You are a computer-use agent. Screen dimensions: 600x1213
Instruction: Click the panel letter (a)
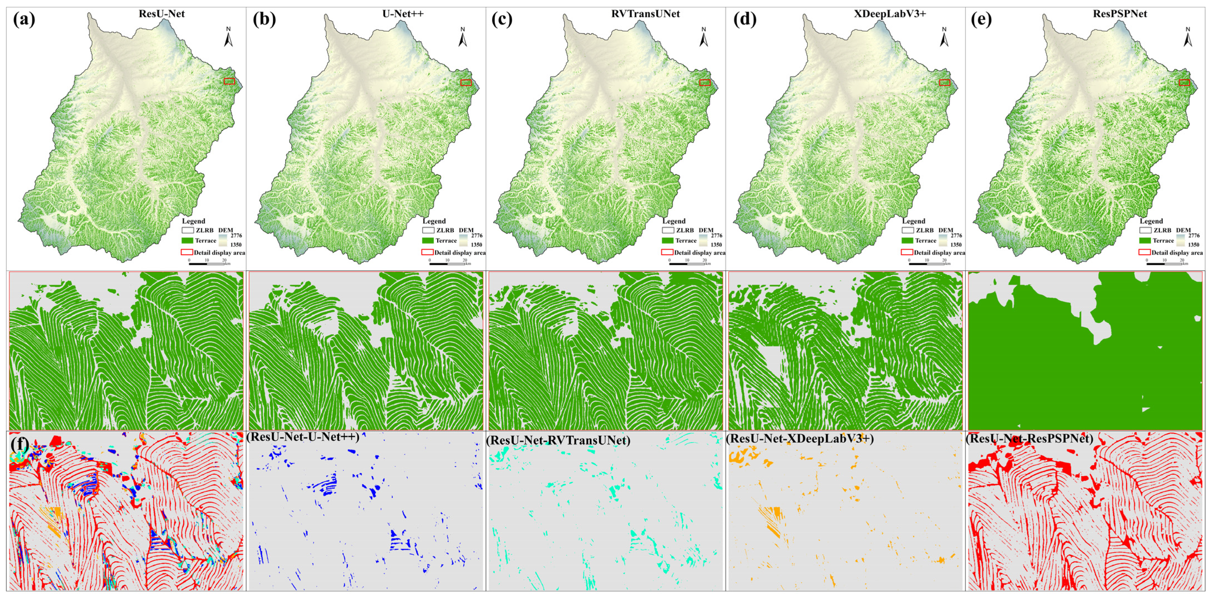pos(24,20)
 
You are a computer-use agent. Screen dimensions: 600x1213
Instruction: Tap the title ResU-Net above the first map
pos(161,14)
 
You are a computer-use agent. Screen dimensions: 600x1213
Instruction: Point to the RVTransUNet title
pos(645,14)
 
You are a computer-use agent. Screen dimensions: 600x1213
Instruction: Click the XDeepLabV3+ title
pos(890,14)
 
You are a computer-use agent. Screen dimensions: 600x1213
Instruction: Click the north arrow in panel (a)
pos(228,37)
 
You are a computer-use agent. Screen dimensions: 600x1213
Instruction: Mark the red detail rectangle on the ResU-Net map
pos(229,81)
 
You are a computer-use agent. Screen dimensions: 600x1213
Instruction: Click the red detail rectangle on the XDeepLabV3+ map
pos(944,82)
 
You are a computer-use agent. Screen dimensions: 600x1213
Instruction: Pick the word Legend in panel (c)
pos(674,221)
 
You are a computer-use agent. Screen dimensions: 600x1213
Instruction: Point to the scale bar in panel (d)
pos(926,263)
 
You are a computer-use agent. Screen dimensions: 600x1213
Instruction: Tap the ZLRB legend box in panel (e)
pos(1145,230)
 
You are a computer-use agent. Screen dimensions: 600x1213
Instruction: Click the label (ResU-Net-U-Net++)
pos(303,437)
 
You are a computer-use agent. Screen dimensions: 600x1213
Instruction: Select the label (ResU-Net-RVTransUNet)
pos(558,440)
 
